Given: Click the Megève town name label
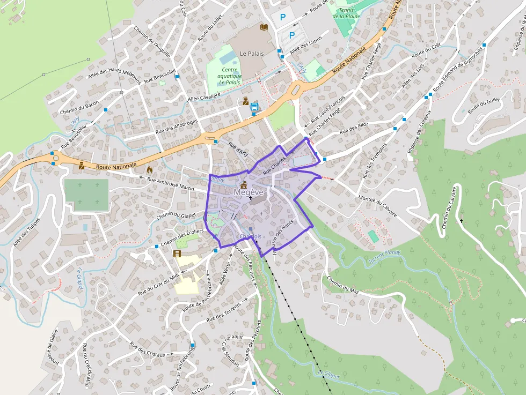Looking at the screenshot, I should coord(249,192).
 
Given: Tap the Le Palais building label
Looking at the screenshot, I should coord(250,54).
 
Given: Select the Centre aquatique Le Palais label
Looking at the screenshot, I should coord(229,76).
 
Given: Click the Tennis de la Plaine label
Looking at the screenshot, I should coord(346,13).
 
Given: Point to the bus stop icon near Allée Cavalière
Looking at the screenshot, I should coord(254,107).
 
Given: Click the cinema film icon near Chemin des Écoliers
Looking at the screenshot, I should coord(177,254).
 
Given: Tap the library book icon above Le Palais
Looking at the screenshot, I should coord(264,27).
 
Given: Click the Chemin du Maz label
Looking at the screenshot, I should coord(342,285).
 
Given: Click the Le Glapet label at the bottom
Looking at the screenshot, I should coord(329,375).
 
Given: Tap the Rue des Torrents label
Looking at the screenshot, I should coord(224,311).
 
